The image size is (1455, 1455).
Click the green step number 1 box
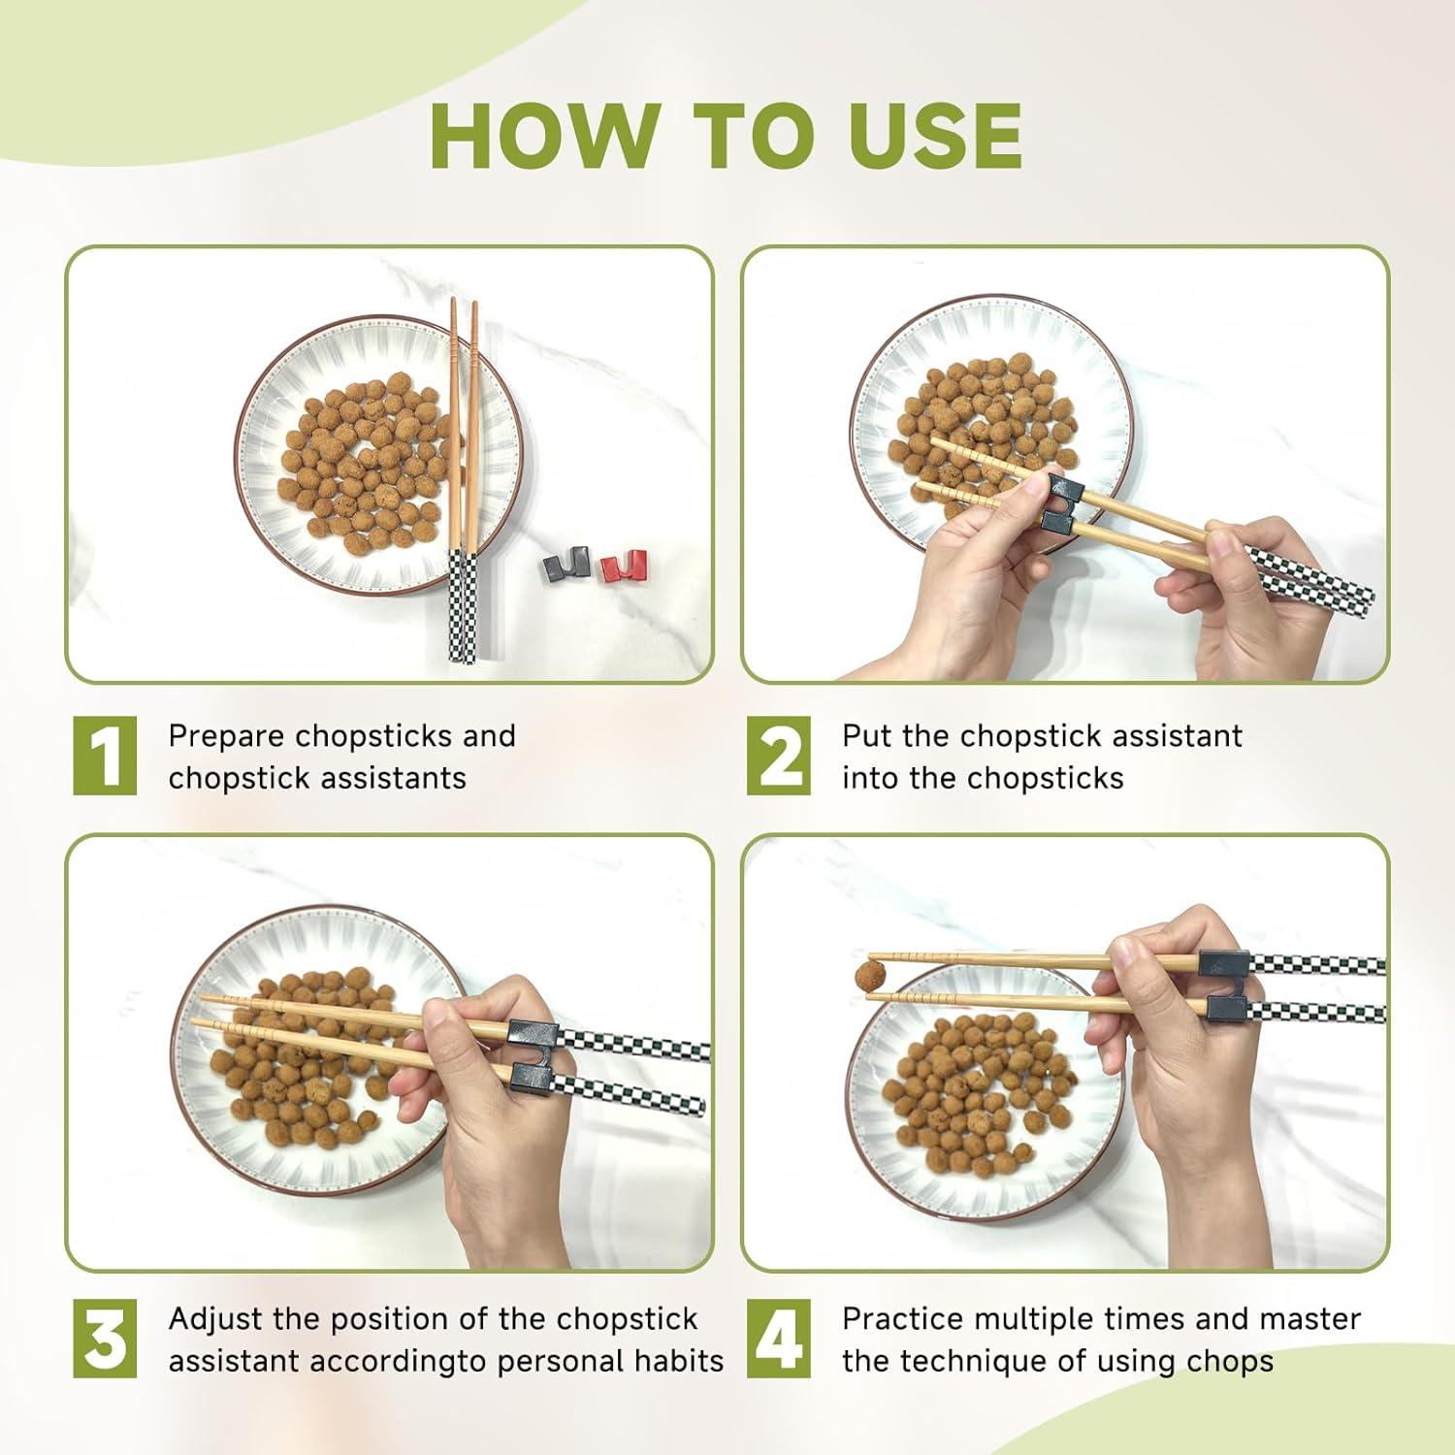point(105,756)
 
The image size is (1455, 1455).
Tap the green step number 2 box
point(779,756)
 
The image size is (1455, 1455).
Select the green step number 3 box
point(105,1339)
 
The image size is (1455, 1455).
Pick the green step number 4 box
point(779,1339)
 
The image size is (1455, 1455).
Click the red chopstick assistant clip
point(623,566)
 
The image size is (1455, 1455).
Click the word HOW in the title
point(544,135)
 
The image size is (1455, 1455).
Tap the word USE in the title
point(935,135)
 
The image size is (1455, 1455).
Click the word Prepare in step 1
point(227,737)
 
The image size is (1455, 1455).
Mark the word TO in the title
point(753,135)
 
